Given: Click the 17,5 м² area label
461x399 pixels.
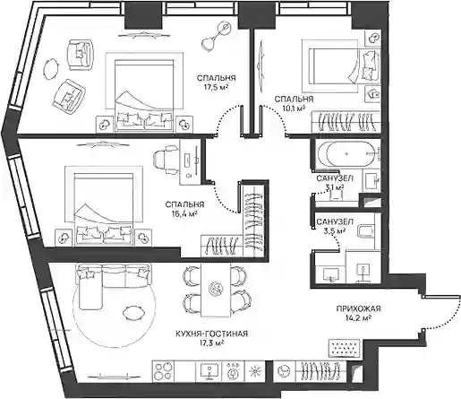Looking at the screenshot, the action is point(216,88).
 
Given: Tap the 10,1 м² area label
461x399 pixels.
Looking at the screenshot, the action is point(294,108).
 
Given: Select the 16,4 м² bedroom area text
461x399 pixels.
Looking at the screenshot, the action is point(184,214).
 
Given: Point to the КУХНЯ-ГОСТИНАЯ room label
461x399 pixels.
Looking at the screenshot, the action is point(211,334).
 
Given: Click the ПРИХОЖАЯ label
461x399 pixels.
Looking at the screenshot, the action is point(358,308).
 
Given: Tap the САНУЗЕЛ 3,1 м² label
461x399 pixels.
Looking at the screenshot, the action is point(335,183).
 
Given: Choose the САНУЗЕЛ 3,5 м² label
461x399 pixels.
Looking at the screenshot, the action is point(335,226).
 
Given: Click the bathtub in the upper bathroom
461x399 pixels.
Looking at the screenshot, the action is point(346,153).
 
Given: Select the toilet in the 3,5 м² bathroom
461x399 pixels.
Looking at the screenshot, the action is point(366,230).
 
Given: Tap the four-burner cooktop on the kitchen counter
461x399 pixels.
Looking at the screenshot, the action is point(164,371).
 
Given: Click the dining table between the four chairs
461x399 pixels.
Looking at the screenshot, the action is point(216,290).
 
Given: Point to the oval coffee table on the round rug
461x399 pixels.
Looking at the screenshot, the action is point(132,313).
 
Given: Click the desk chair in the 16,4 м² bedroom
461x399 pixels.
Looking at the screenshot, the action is point(166,160).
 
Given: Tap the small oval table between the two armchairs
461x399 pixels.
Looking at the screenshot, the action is point(51,69).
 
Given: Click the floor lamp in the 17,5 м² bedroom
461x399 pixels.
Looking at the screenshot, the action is point(216,37).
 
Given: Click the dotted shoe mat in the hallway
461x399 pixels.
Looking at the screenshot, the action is point(345,348).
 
